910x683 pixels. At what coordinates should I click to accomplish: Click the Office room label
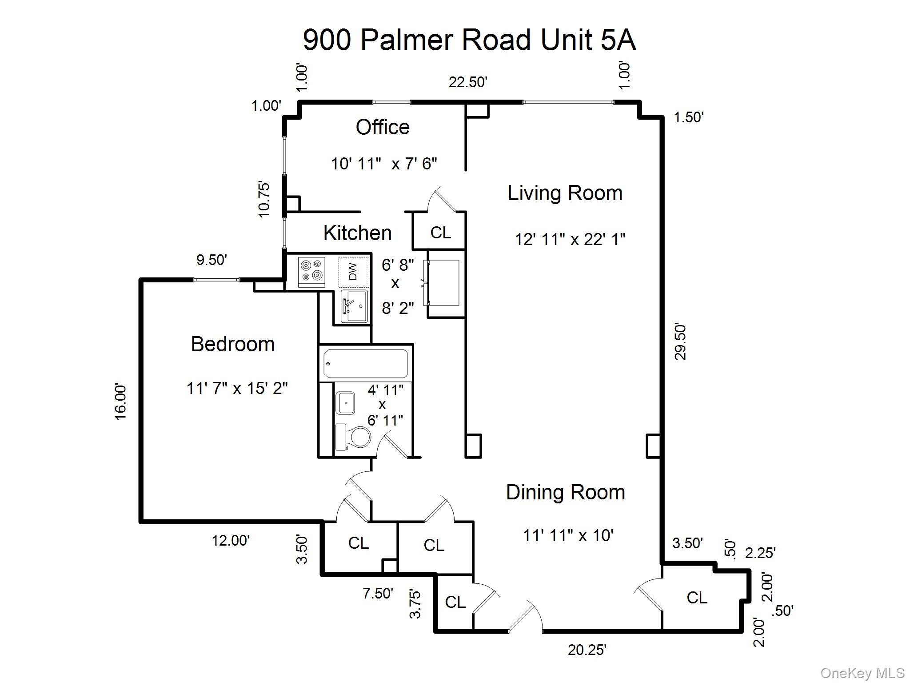click(383, 128)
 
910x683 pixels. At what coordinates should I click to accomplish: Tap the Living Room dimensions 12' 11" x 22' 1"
click(570, 240)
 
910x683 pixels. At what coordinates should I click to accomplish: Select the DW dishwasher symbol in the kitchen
click(354, 272)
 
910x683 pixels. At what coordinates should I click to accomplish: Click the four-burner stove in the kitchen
click(311, 270)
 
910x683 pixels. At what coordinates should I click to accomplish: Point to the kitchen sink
click(354, 306)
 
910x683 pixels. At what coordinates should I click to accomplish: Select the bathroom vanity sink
click(345, 403)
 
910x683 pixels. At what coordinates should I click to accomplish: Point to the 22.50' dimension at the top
click(468, 82)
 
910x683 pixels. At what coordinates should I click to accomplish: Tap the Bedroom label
click(232, 344)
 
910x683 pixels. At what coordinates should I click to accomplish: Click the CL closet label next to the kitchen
click(440, 233)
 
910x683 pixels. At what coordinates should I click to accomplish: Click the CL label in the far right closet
click(696, 598)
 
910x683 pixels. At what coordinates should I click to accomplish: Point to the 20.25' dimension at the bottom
click(587, 650)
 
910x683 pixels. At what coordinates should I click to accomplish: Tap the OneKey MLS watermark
click(862, 673)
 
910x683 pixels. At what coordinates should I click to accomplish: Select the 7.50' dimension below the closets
click(378, 593)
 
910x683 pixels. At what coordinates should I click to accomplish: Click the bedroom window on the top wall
click(216, 280)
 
